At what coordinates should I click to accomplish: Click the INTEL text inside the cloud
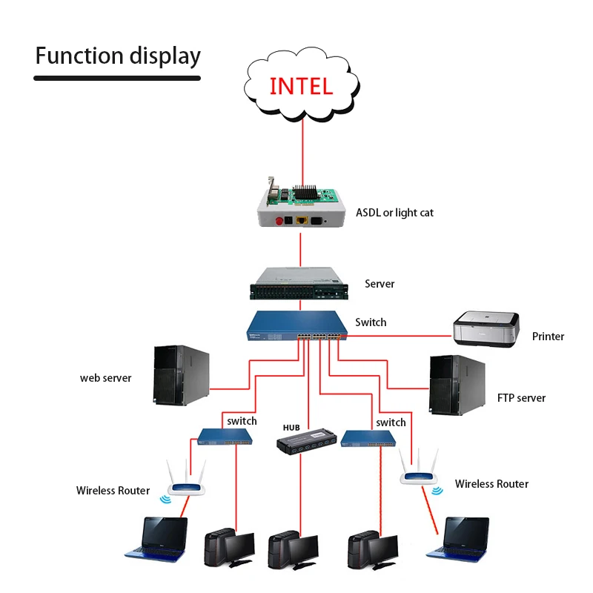301,85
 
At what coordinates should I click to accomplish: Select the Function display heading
118,56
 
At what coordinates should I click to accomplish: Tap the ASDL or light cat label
394,213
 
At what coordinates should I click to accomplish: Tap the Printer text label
548,337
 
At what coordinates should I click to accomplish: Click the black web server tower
180,375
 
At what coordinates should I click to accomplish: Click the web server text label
106,378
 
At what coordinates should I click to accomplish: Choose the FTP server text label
521,398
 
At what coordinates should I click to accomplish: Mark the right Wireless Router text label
491,484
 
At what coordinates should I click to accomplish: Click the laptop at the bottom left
157,537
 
